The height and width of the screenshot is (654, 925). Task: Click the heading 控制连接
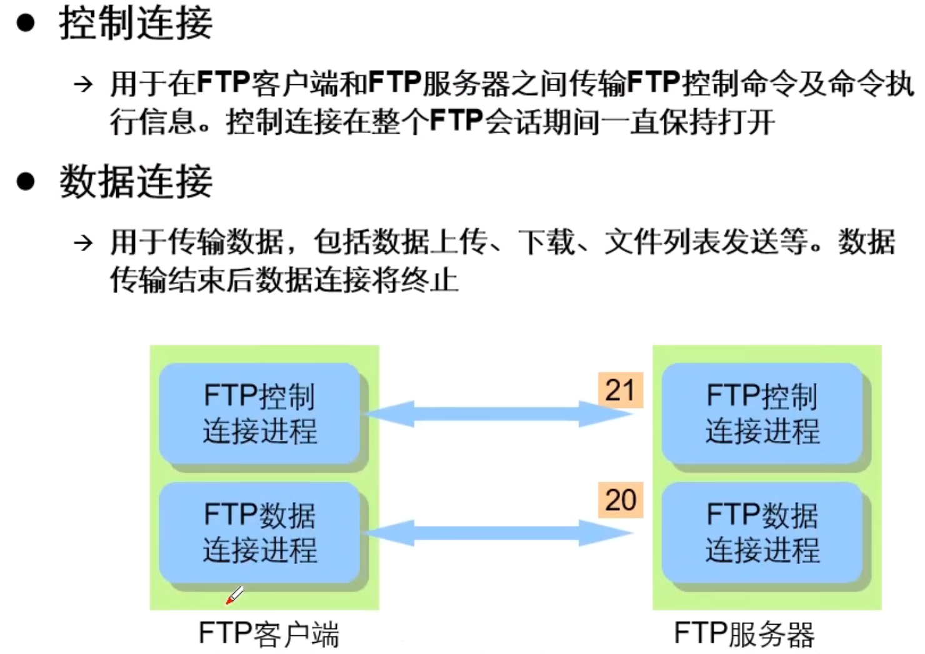click(136, 24)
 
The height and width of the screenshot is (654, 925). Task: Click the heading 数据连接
click(136, 182)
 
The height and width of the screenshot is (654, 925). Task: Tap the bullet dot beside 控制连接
click(26, 24)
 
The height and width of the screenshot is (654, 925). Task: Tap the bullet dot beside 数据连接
click(26, 182)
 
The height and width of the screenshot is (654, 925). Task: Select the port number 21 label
click(620, 390)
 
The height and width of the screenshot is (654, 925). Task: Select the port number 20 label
click(620, 500)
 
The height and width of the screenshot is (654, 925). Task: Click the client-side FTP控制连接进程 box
click(260, 414)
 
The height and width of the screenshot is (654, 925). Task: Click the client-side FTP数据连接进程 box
click(260, 532)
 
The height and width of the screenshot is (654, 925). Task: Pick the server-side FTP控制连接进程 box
click(762, 414)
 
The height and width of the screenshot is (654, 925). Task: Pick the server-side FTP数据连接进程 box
click(762, 532)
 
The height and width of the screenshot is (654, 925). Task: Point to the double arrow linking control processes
click(497, 414)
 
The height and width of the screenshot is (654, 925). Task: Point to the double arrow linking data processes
click(497, 533)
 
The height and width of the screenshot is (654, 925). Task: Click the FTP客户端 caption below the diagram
click(269, 634)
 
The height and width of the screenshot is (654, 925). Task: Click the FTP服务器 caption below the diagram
click(744, 634)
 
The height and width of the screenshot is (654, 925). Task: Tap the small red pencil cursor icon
click(234, 595)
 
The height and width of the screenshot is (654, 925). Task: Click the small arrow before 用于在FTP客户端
click(83, 84)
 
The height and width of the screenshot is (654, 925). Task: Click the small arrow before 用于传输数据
click(83, 242)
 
